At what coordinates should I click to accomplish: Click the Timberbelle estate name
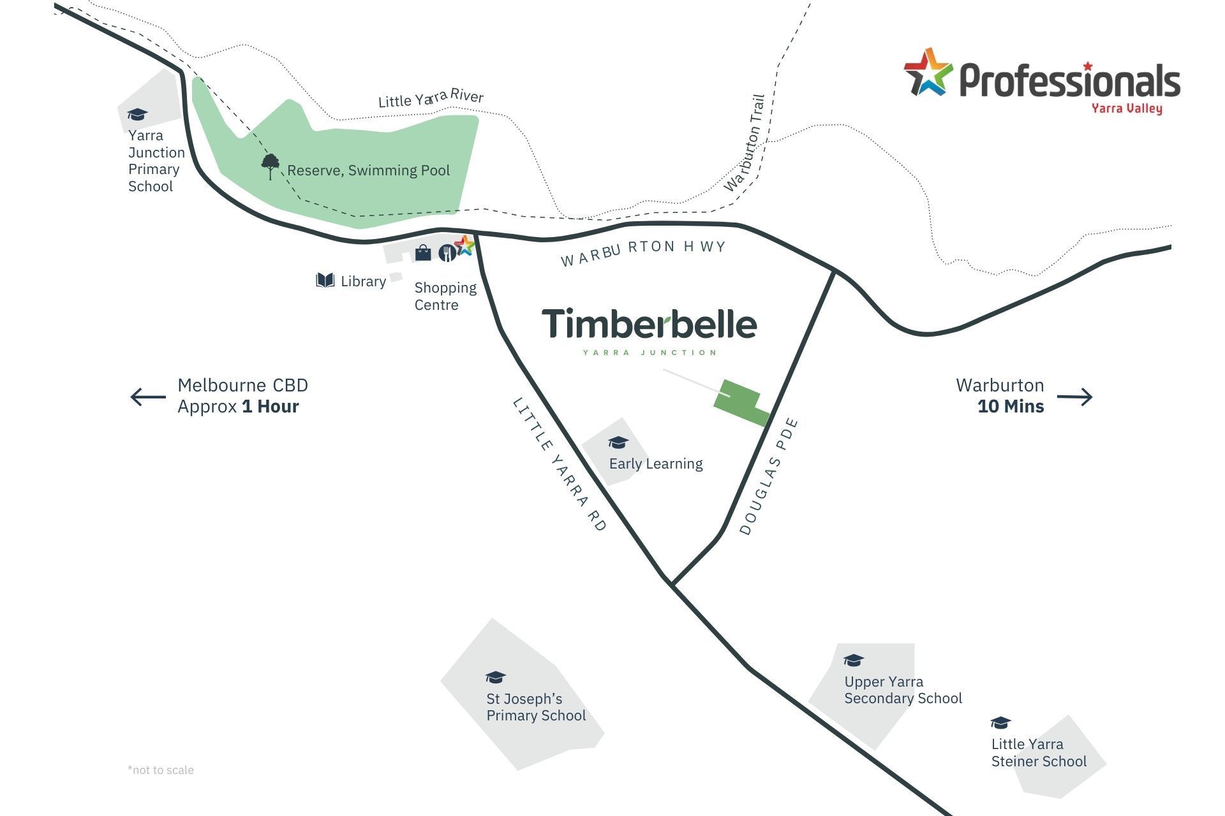pyautogui.click(x=649, y=324)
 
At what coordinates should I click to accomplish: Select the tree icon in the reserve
pyautogui.click(x=270, y=166)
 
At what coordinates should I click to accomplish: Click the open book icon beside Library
pyautogui.click(x=325, y=280)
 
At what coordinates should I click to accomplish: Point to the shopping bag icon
pyautogui.click(x=423, y=253)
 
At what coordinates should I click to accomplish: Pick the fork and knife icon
pyautogui.click(x=447, y=253)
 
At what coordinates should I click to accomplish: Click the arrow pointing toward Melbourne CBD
pyautogui.click(x=148, y=397)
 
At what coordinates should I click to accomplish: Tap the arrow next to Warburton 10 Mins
pyautogui.click(x=1074, y=397)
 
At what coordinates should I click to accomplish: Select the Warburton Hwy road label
pyautogui.click(x=643, y=252)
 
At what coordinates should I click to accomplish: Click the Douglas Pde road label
pyautogui.click(x=769, y=476)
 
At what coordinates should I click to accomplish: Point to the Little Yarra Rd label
pyautogui.click(x=560, y=464)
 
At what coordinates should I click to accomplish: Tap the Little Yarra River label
pyautogui.click(x=431, y=98)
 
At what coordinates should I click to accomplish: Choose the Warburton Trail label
pyautogui.click(x=745, y=143)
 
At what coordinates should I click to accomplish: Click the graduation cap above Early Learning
pyautogui.click(x=618, y=442)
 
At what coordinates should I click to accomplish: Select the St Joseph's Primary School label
pyautogui.click(x=535, y=707)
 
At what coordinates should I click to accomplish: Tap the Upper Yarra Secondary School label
pyautogui.click(x=902, y=690)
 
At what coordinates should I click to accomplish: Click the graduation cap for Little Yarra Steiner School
pyautogui.click(x=1000, y=722)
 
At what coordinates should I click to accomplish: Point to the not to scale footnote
pyautogui.click(x=161, y=769)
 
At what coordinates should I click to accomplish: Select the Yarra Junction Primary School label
pyautogui.click(x=156, y=161)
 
